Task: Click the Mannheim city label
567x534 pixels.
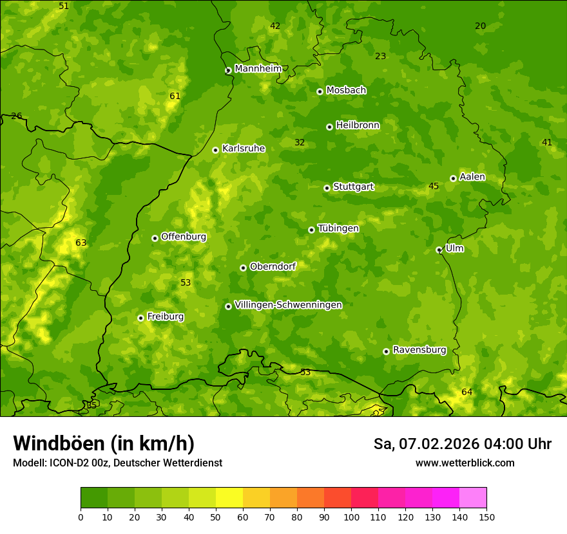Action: (x=258, y=69)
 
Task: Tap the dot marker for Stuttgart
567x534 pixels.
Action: (x=327, y=188)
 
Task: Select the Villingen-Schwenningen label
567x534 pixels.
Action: (x=288, y=305)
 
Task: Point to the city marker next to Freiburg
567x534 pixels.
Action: (x=140, y=318)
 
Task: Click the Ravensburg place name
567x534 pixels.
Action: (x=419, y=350)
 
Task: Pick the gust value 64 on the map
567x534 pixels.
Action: (x=466, y=392)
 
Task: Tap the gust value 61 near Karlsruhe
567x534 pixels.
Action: (x=175, y=96)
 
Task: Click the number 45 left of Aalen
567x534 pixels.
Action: (x=434, y=186)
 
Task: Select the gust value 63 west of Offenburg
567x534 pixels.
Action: (x=81, y=243)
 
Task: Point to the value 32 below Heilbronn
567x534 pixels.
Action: (x=300, y=142)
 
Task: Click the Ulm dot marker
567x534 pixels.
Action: (x=439, y=250)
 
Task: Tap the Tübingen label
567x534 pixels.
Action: (x=338, y=228)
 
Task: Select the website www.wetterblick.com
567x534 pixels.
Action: (x=465, y=463)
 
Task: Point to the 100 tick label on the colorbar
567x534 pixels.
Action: (x=351, y=517)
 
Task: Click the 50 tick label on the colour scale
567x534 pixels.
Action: (x=216, y=517)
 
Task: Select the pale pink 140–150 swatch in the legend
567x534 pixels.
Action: (x=473, y=498)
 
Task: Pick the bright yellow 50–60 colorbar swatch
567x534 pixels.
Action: (x=229, y=498)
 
